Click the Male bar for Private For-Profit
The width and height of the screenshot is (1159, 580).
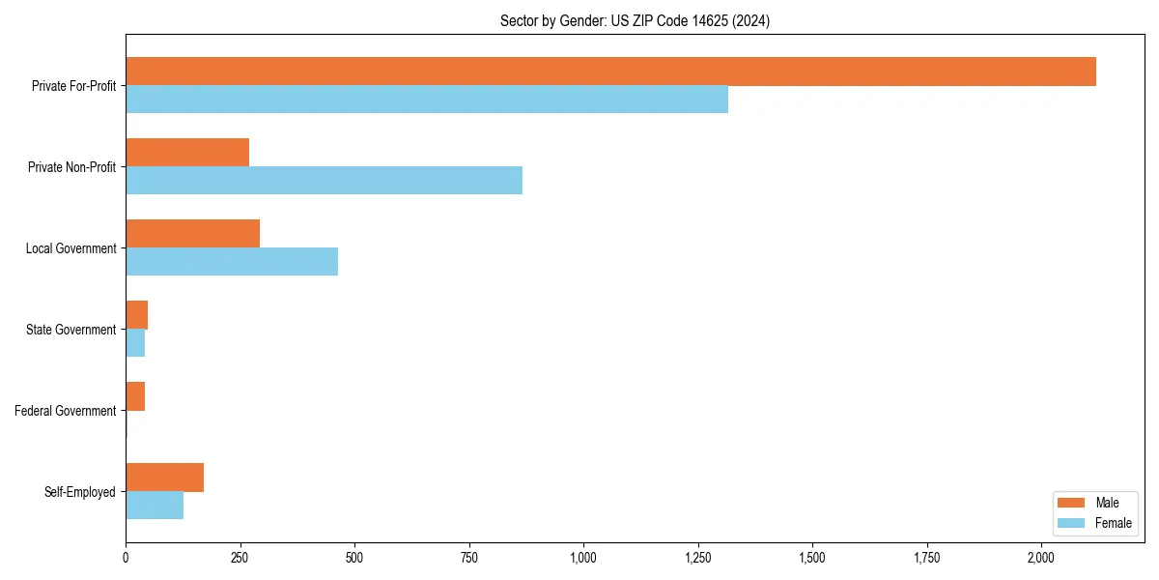[x=610, y=72]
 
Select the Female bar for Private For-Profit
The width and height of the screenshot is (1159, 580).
[x=427, y=100]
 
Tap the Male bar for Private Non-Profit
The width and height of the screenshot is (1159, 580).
[x=187, y=153]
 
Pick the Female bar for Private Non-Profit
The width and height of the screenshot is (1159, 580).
[x=324, y=181]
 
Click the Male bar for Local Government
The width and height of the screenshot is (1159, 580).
[x=192, y=234]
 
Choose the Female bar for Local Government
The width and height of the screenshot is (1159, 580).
[x=232, y=262]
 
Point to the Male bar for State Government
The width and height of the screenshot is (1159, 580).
[x=136, y=315]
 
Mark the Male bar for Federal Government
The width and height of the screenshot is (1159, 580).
[x=135, y=396]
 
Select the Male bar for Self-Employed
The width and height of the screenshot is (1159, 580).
[x=164, y=478]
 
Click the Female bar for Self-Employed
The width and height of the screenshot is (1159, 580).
[x=155, y=506]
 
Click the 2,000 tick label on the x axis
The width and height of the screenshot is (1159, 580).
[x=1041, y=559]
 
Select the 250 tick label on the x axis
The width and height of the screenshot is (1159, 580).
[x=240, y=559]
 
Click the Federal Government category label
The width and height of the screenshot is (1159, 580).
[x=66, y=411]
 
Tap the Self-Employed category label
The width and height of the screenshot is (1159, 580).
[x=80, y=492]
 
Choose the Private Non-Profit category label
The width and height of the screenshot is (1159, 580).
[x=71, y=167]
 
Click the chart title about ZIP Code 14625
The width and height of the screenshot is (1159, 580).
[x=635, y=20]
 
